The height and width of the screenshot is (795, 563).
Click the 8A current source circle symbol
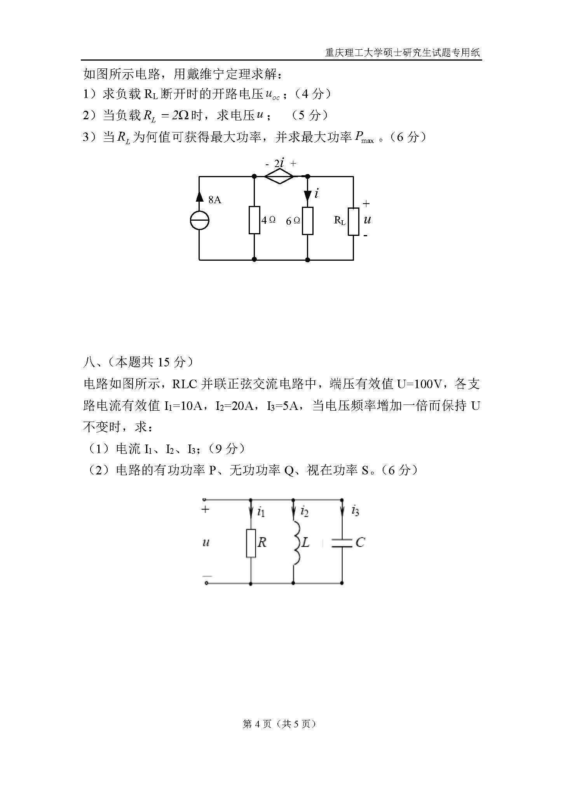pos(199,221)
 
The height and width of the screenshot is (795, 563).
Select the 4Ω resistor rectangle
pos(254,220)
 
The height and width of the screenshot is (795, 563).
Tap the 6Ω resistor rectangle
pos(308,221)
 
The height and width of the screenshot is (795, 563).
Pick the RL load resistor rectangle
pos(353,221)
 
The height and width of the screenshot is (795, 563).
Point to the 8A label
pos(214,200)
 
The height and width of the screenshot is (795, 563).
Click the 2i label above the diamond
pos(279,164)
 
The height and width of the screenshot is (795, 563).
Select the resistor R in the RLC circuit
pos(251,543)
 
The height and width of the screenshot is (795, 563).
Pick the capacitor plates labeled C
pos(342,543)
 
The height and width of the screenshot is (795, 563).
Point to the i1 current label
pos(261,512)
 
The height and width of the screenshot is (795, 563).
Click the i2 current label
pos(304,512)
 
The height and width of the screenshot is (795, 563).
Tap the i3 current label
pos(355,511)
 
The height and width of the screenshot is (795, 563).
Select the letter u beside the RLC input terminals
pos(206,542)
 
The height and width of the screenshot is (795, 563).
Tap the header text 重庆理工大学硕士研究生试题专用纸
pos(403,52)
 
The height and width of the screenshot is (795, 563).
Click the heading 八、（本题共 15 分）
pos(138,362)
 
